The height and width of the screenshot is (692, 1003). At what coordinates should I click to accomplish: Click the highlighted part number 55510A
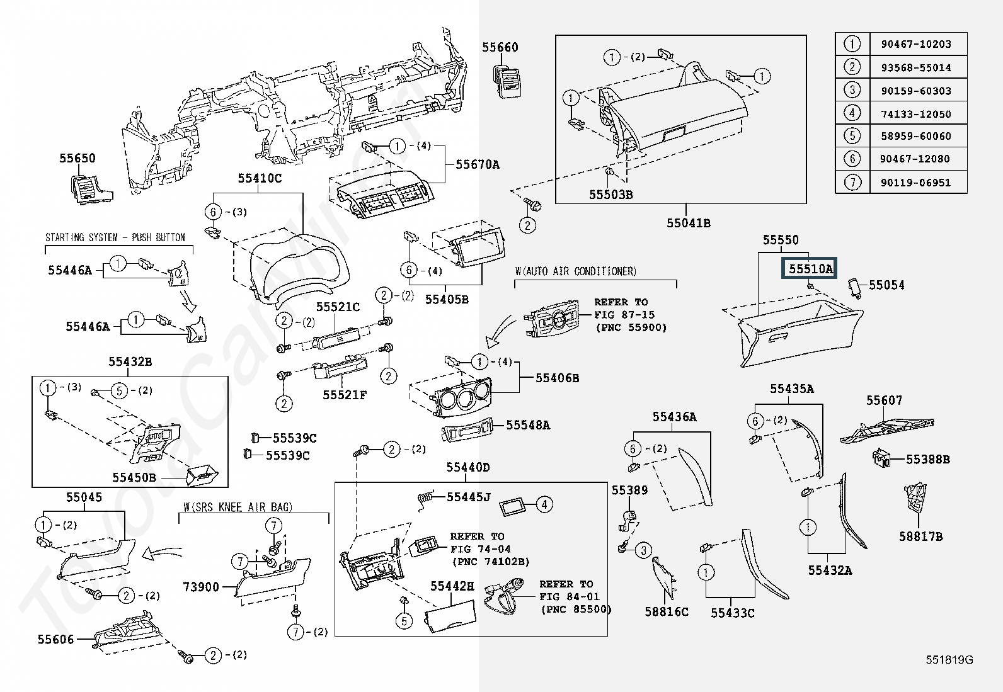pos(810,269)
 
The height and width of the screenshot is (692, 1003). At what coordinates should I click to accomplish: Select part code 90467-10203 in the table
pos(915,44)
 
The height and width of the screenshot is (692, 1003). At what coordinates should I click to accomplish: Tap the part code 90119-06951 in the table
pos(915,183)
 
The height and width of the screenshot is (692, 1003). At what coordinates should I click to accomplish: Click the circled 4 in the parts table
pos(852,113)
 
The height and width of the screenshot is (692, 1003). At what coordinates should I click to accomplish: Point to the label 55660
pos(500,47)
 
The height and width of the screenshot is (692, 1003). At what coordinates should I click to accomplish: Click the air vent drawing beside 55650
pos(90,188)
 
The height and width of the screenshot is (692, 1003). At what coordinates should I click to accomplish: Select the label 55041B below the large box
pos(689,223)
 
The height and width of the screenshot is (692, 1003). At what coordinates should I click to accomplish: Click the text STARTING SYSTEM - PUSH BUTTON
pos(115,237)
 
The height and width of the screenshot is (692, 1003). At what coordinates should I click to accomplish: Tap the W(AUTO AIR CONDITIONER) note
pos(576,271)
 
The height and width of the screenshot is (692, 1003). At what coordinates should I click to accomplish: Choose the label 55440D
pos(468,467)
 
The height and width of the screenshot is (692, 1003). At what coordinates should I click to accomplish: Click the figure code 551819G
pos(949,659)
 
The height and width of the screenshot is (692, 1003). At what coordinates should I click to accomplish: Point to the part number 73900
pos(201,587)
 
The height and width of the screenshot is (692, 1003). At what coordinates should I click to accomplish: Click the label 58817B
pos(920,536)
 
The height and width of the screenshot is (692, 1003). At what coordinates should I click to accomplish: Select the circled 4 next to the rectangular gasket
pos(544,504)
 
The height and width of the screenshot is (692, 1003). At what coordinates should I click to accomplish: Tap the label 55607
pos(884,400)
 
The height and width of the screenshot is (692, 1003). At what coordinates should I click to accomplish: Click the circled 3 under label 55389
pos(643,551)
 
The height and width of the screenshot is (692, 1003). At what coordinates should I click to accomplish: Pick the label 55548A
pos(528,426)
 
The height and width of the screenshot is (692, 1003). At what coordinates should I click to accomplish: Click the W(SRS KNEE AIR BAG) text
pos(238,507)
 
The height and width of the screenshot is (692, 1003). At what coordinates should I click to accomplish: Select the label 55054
pos(886,285)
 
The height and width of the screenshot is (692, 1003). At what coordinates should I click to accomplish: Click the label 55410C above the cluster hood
pos(260,178)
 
